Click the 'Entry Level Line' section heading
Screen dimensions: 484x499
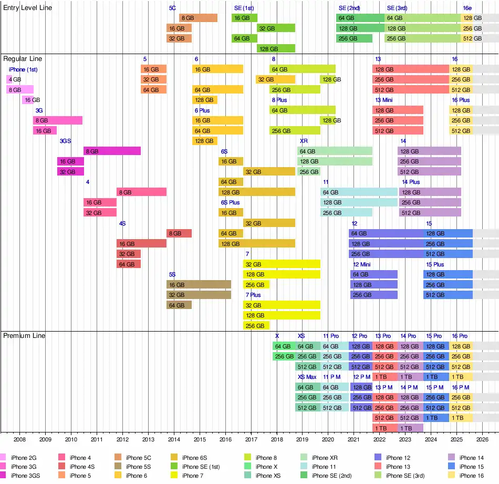tap(27, 8)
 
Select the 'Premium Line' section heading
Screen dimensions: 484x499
tap(24, 336)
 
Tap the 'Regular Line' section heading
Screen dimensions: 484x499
tap(23, 59)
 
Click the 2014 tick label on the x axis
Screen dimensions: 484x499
tap(174, 439)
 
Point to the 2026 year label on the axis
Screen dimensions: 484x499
tap(482, 439)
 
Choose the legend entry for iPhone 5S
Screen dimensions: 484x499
tap(139, 467)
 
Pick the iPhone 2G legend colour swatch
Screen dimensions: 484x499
tap(3, 458)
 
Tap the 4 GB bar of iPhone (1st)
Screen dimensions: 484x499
tap(9, 79)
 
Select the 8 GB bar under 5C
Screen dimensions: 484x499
tap(198, 18)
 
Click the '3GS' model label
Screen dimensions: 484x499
tap(65, 141)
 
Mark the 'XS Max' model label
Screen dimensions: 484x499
tap(307, 377)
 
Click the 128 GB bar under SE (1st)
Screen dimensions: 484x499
tap(276, 48)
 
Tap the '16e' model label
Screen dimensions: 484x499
tap(467, 8)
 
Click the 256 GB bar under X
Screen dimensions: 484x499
tap(284, 356)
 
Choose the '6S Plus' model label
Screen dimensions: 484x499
tap(230, 202)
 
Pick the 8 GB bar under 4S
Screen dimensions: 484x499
tap(179, 233)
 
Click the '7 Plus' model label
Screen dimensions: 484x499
tap(253, 295)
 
